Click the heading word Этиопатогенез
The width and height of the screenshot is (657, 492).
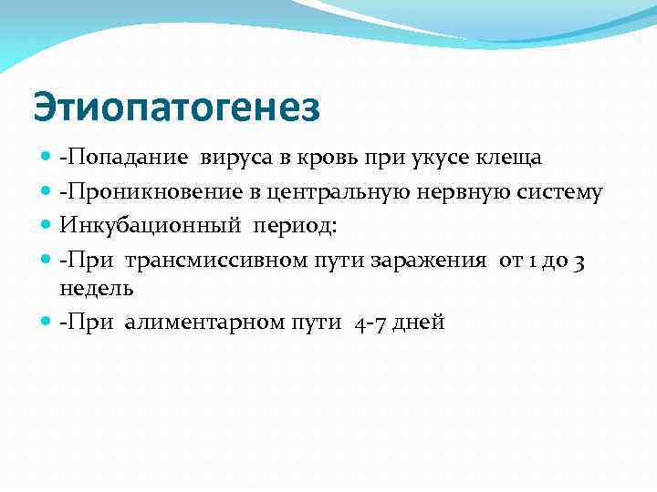click(x=177, y=108)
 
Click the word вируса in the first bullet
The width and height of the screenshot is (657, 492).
click(x=245, y=158)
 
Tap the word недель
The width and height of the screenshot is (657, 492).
click(x=97, y=289)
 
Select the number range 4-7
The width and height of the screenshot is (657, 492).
click(x=367, y=323)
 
